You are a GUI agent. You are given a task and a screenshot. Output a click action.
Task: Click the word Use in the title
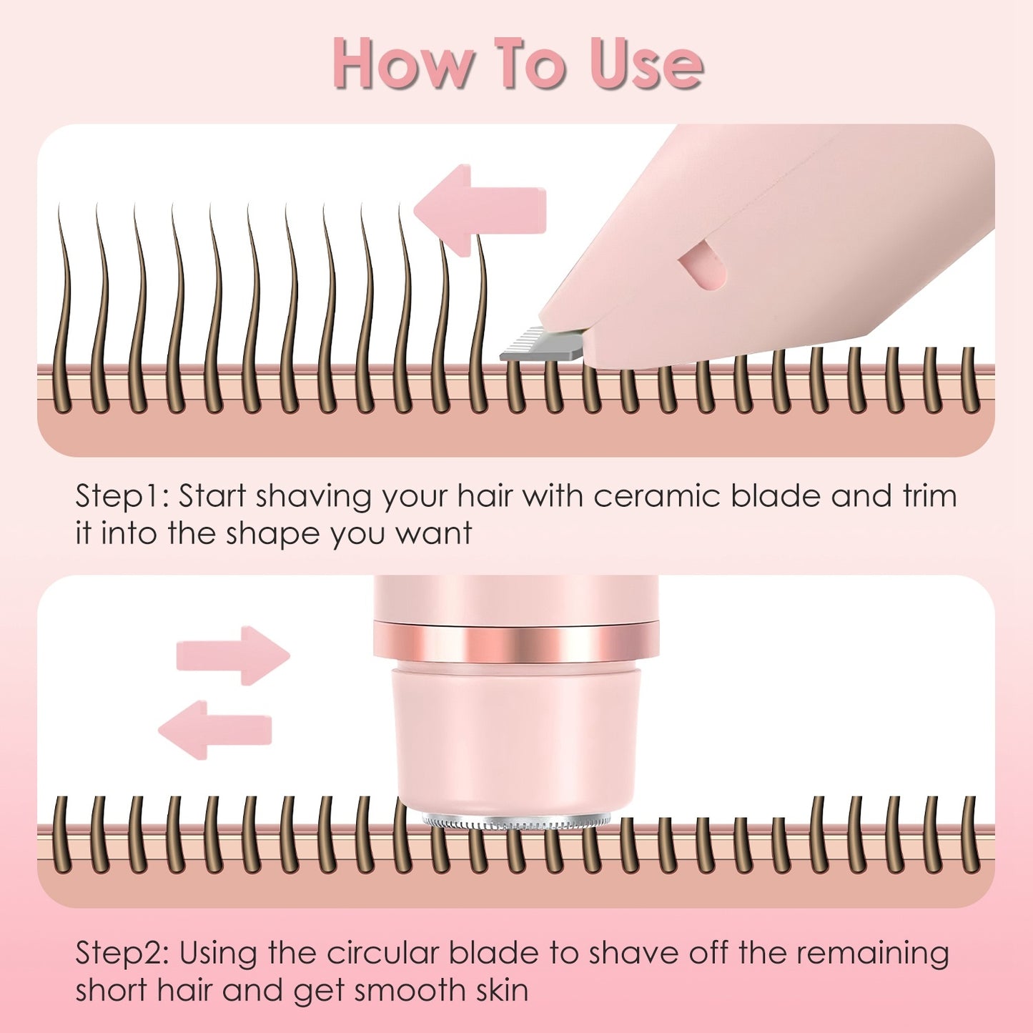[646, 64]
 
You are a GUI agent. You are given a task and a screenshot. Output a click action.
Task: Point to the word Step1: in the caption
[122, 496]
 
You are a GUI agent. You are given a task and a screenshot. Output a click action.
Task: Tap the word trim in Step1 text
[929, 496]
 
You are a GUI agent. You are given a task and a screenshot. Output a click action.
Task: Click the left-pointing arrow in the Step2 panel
[214, 729]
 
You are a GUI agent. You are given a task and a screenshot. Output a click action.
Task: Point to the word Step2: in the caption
[122, 953]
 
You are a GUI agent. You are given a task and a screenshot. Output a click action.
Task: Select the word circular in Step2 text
[382, 953]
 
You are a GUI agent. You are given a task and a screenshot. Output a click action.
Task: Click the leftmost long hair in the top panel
[64, 307]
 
